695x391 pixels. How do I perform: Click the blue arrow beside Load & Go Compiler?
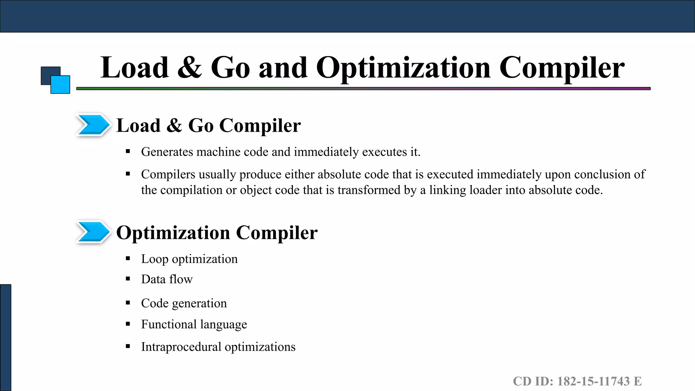point(92,125)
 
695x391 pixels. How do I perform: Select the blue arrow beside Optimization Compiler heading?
point(92,232)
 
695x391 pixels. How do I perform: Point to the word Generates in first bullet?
point(167,152)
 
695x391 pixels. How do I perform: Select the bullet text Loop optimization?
point(189,259)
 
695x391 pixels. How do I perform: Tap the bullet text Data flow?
point(167,279)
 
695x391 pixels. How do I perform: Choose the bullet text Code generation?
point(184,303)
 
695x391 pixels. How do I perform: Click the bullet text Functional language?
point(194,324)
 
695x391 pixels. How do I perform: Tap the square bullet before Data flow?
point(128,279)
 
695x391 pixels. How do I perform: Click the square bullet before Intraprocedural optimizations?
point(128,347)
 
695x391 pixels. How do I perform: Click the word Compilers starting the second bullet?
point(168,174)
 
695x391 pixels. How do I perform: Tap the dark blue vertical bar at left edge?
point(5,337)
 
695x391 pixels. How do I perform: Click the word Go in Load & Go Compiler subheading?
point(201,126)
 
